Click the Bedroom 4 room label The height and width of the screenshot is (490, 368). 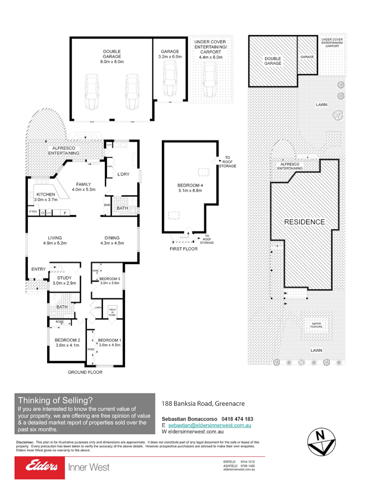[x=189, y=188]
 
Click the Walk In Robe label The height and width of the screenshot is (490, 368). [x=112, y=311]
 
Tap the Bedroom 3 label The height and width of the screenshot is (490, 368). [x=109, y=280]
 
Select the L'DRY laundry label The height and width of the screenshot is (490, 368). [x=123, y=174]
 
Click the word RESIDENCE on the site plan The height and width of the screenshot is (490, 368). [x=305, y=222]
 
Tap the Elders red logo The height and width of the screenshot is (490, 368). [x=40, y=467]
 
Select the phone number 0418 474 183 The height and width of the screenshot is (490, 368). [x=237, y=419]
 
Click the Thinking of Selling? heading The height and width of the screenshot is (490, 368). [x=55, y=400]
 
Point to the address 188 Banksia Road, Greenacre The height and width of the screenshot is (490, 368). [x=203, y=404]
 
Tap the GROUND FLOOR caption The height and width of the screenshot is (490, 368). [x=85, y=372]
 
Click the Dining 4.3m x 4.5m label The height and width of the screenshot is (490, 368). [x=112, y=240]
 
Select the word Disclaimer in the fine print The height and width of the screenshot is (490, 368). [x=25, y=442]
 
